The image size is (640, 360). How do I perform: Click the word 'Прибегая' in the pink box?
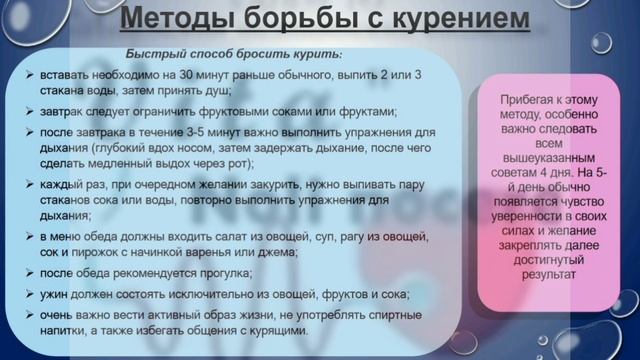click(x=523, y=99)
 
